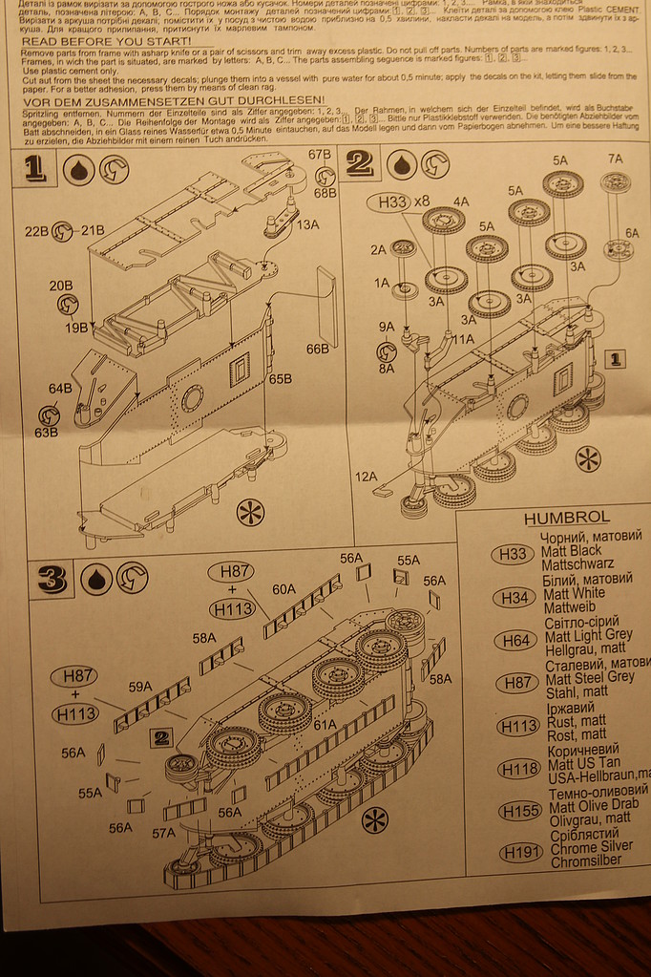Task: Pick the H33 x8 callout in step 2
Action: tap(407, 202)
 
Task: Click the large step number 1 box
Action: tap(35, 169)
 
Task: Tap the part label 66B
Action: tap(317, 350)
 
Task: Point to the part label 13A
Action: tap(308, 224)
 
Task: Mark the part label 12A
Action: tap(366, 477)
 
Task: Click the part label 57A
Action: tap(162, 833)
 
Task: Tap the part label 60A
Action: tap(283, 589)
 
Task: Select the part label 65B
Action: tap(280, 379)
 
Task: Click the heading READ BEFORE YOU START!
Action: tap(106, 42)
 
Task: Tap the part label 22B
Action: tap(36, 230)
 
